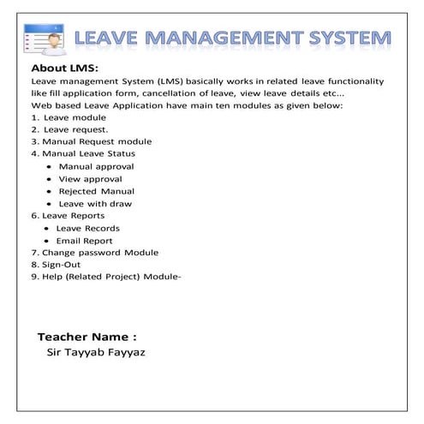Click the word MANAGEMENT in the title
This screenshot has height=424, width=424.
coord(230,39)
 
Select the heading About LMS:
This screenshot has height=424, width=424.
coord(65,68)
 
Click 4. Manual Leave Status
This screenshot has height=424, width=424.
coord(82,153)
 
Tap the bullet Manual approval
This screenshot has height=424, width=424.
coord(96,166)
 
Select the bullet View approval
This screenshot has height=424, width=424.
coord(90,179)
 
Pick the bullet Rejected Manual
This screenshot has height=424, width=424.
coord(96,191)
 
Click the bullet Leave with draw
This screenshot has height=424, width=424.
coord(95,204)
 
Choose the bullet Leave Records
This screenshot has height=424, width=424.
coord(87,229)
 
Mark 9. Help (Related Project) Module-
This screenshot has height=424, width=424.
coord(105,278)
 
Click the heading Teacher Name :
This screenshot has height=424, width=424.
coord(87,337)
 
